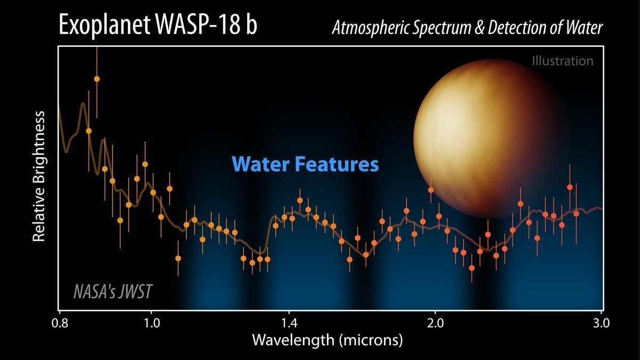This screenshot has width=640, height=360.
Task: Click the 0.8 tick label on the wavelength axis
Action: pos(60,323)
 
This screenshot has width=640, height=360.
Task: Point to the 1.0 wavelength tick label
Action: pos(151,323)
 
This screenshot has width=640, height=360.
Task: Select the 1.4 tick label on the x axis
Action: pos(289,323)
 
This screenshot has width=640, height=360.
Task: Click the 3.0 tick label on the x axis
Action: pos(602,323)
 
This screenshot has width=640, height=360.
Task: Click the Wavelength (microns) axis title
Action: pos(327,340)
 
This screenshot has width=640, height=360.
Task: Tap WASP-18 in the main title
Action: pos(201,26)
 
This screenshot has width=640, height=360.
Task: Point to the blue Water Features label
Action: pos(305,164)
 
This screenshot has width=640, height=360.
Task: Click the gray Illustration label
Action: pos(562,61)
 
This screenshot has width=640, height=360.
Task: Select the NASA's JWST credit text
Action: pos(113,291)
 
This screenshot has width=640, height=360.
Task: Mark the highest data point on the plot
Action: pos(97,79)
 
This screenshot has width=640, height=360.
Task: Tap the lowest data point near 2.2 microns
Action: pos(471,267)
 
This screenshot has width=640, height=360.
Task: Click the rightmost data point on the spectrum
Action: pos(576,214)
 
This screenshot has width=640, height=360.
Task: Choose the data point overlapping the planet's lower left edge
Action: pos(431,190)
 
